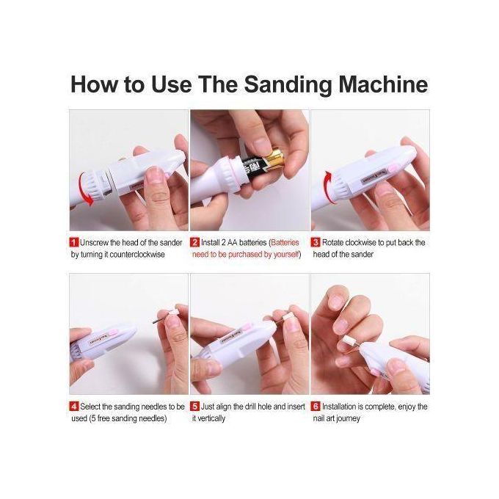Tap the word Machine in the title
(x=383, y=84)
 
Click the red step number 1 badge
(x=74, y=242)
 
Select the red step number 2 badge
(x=194, y=242)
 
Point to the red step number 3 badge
(x=316, y=242)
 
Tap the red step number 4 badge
(x=74, y=407)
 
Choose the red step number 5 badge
(x=194, y=407)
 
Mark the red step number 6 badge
(x=316, y=407)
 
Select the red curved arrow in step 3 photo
(x=326, y=186)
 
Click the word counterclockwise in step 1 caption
(x=137, y=255)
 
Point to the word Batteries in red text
(x=285, y=242)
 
